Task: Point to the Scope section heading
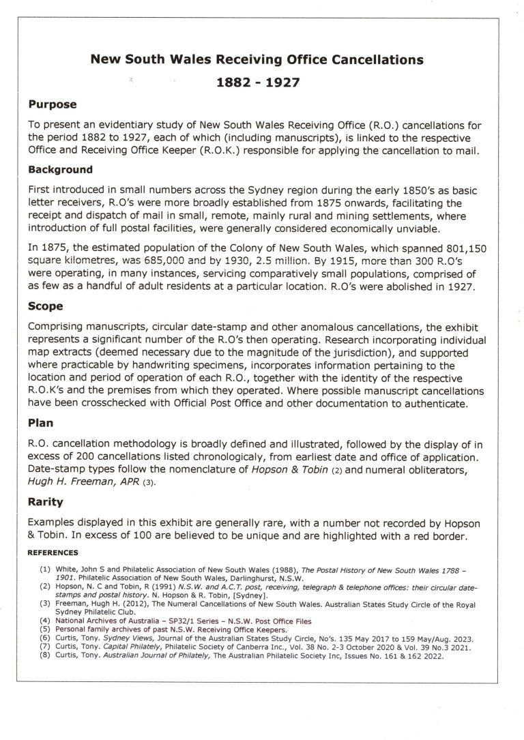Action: pos(46,308)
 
